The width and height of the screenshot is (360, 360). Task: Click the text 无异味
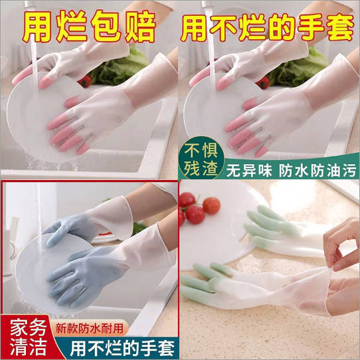click(248, 171)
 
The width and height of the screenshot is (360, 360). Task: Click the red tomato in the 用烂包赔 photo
click(84, 82)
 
